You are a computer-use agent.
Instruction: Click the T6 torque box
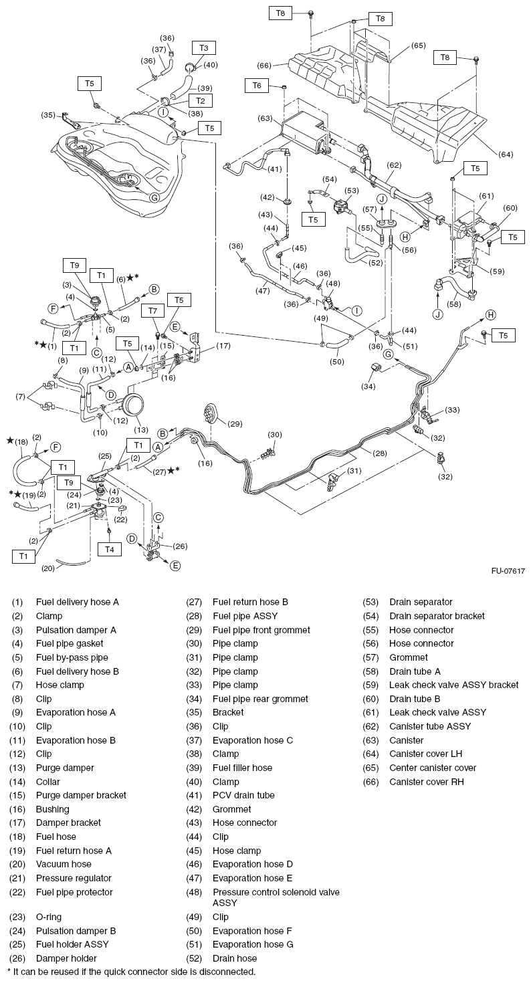click(x=257, y=86)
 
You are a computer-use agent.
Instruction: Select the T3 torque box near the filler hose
click(x=203, y=47)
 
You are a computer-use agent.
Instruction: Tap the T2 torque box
click(x=199, y=100)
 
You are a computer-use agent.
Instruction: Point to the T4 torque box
click(x=110, y=548)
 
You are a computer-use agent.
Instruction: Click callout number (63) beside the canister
click(x=265, y=119)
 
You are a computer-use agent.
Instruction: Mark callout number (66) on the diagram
click(x=265, y=65)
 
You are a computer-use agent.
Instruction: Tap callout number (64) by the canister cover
click(x=506, y=154)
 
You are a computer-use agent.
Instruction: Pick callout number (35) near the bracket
click(x=48, y=114)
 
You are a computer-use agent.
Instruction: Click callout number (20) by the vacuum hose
click(x=48, y=568)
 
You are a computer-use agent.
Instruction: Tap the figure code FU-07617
click(x=507, y=571)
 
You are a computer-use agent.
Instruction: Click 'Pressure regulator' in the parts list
click(x=74, y=878)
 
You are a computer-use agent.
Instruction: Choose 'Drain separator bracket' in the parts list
click(x=437, y=616)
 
